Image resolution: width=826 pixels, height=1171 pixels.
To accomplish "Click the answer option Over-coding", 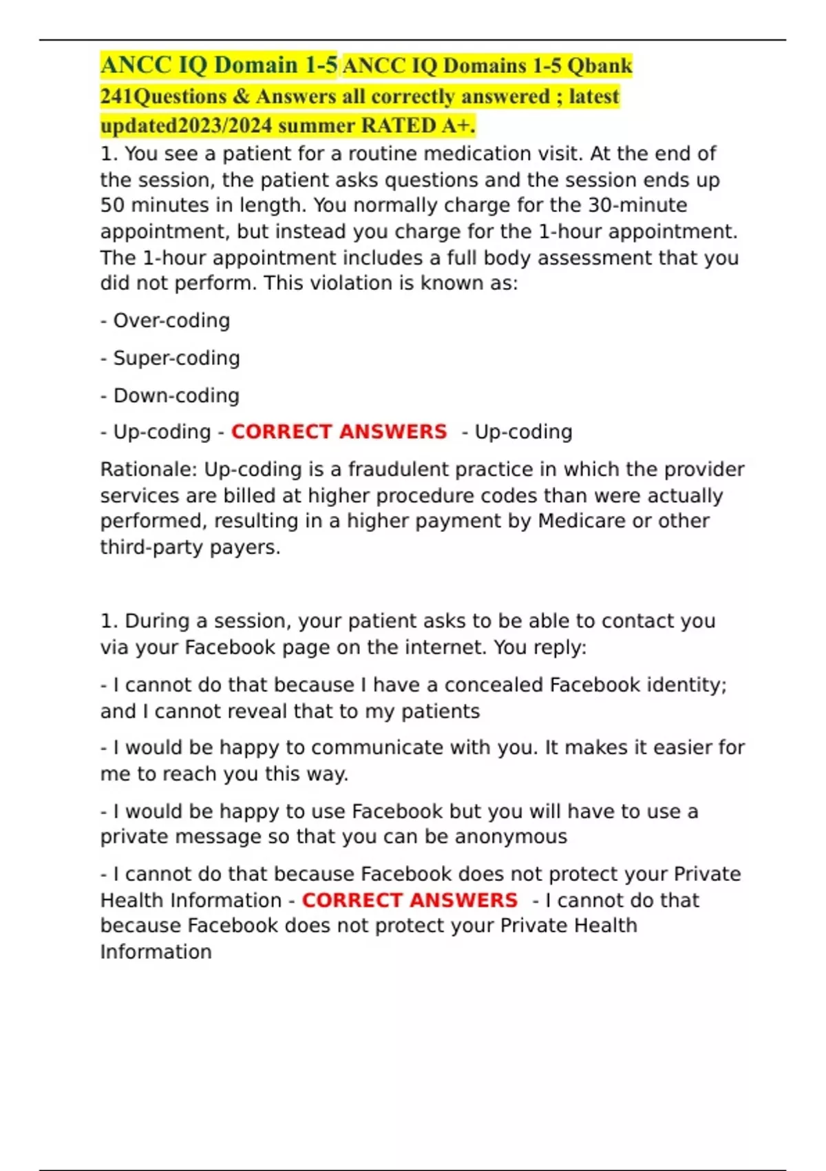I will [171, 320].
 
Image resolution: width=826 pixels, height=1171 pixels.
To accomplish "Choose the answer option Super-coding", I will [176, 358].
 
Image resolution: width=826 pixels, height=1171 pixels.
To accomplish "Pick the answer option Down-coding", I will [176, 395].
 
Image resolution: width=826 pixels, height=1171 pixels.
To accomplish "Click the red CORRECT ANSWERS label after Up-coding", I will [339, 432].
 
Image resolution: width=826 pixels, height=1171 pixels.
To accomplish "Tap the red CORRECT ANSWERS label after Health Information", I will [410, 900].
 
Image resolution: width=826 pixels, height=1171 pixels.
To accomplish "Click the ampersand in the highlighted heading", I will [240, 96].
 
